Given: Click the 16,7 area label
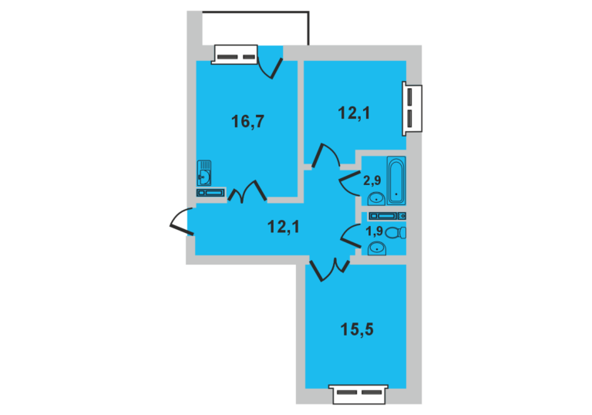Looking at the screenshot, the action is pos(247,122).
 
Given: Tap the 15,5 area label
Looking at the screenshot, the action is pos(357,329).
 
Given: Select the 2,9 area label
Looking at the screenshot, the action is pos(372,181).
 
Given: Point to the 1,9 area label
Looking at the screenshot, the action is pos(375,231).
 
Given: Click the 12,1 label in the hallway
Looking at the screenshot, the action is pos(284,227).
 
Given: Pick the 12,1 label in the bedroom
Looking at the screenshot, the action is pos(354,113).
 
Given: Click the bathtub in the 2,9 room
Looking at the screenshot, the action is pos(396,181).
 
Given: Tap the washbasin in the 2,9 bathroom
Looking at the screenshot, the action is pos(376,199).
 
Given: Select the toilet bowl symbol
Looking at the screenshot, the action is pos(395,232).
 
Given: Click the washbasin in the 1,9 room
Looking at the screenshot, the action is pos(377,248).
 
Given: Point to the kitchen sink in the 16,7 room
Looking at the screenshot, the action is pos(203,173).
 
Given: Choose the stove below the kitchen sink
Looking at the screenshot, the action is pos(210,193).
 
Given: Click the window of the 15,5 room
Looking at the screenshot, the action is pos(358,394).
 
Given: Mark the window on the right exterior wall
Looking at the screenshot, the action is pos(412,109).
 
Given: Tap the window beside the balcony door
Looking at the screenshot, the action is pos(234,55).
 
